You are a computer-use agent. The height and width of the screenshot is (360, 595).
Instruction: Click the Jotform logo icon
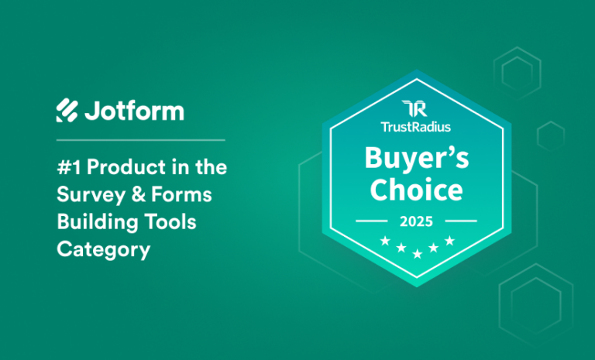[x=67, y=111]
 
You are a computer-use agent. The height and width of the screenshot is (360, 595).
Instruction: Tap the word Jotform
[x=133, y=111]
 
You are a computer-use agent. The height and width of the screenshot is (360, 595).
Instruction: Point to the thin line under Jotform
[x=140, y=140]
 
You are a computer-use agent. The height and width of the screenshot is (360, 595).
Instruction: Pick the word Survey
[x=84, y=196]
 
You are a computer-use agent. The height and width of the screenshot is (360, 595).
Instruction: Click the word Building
[x=91, y=223]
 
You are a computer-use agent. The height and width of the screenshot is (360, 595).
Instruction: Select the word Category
[x=103, y=250]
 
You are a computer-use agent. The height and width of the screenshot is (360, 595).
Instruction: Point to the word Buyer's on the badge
[x=416, y=159]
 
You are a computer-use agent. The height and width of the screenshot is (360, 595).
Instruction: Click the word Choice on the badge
[x=416, y=190]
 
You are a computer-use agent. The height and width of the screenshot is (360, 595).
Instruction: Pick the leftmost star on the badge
[x=385, y=242]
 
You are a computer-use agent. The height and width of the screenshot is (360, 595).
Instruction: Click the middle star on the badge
[x=417, y=253]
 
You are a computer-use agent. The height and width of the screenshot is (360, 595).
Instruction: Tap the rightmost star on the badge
[x=449, y=242]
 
